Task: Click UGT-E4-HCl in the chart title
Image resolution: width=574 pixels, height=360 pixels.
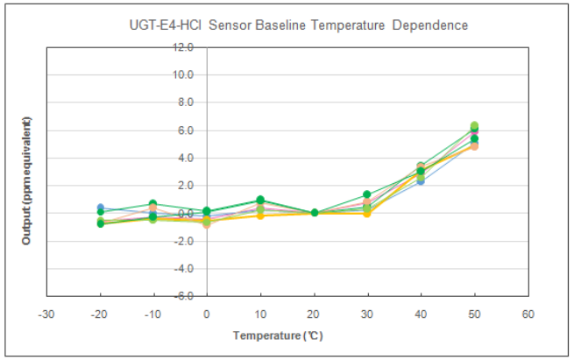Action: click(x=165, y=25)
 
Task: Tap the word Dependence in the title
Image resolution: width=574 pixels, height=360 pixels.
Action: click(x=429, y=25)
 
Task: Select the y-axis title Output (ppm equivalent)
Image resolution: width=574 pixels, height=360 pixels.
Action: click(x=26, y=180)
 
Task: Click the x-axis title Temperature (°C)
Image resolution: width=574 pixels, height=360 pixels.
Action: click(x=278, y=335)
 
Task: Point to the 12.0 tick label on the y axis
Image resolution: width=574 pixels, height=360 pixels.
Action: click(x=183, y=46)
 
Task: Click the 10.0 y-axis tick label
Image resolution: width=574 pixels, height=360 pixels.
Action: click(x=183, y=74)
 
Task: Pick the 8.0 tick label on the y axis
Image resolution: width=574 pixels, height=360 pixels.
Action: click(x=186, y=102)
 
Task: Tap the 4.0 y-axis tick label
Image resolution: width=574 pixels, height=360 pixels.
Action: click(x=186, y=158)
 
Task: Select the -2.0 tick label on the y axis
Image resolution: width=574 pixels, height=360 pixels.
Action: click(x=184, y=241)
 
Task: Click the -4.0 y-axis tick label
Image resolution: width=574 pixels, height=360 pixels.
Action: click(x=184, y=269)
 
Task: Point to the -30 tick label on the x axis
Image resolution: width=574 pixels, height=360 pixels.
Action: click(x=46, y=314)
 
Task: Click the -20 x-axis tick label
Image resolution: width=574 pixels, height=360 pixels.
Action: click(x=99, y=314)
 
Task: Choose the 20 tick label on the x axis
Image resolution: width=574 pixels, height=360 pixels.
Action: click(x=314, y=314)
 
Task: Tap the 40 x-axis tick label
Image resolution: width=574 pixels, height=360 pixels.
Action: click(x=421, y=314)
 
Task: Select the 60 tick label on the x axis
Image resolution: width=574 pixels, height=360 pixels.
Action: click(x=528, y=314)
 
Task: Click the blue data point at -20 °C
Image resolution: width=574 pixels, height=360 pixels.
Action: click(x=100, y=208)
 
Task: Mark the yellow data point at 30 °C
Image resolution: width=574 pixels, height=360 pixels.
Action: click(x=367, y=214)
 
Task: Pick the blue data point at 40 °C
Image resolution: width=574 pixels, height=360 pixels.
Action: click(x=421, y=181)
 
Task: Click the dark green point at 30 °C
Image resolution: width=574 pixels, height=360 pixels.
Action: click(x=367, y=194)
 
